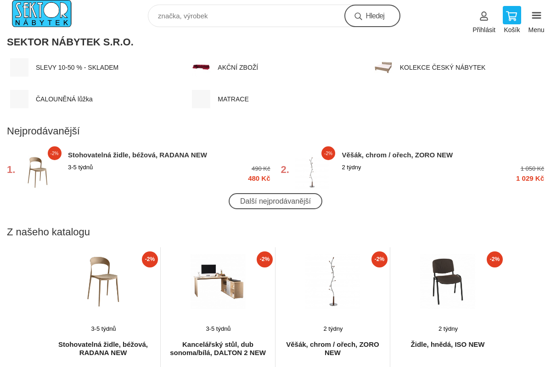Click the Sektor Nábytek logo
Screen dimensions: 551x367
(42, 13)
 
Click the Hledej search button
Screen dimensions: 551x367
(372, 16)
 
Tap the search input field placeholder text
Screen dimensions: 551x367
(183, 16)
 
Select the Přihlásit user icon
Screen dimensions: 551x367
(484, 16)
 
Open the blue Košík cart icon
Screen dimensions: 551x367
(512, 15)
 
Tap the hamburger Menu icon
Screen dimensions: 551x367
(536, 16)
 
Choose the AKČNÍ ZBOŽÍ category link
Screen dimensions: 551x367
(238, 67)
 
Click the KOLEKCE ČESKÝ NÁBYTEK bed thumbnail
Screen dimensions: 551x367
(383, 67)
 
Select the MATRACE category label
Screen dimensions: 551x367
(233, 99)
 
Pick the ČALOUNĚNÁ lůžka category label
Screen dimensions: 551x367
(64, 99)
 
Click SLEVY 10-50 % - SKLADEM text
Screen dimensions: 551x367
(77, 67)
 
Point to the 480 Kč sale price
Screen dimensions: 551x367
(259, 178)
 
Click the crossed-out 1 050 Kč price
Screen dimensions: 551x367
(532, 169)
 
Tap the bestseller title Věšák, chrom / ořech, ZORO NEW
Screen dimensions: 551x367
(397, 155)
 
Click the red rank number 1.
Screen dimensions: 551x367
(11, 170)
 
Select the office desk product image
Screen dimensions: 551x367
(218, 282)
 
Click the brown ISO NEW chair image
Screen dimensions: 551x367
(447, 282)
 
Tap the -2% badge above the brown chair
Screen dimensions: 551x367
(495, 259)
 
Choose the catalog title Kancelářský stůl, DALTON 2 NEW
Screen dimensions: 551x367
(218, 349)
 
